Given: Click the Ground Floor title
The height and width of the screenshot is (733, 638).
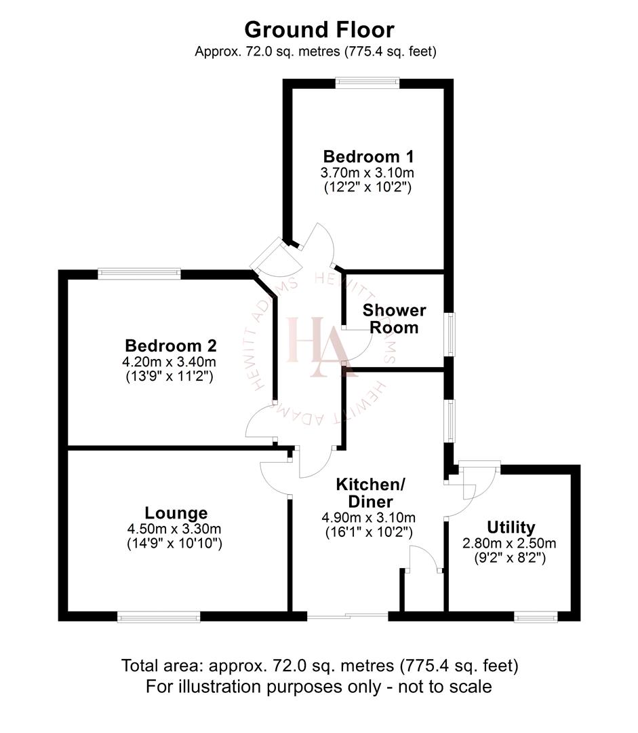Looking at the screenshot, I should [x=319, y=29].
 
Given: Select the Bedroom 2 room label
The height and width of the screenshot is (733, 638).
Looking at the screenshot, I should [x=171, y=345].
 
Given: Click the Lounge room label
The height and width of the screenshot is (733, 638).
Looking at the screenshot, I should [x=176, y=512].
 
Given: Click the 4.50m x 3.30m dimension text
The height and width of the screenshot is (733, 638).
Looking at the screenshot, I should [x=175, y=529].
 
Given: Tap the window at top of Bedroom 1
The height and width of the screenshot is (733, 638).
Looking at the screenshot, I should [x=367, y=83].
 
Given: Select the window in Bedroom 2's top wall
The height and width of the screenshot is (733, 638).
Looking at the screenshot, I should [x=140, y=274].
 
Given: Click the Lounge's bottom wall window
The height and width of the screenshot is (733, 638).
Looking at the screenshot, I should [x=159, y=617].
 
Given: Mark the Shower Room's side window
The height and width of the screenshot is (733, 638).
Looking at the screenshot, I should [x=450, y=333].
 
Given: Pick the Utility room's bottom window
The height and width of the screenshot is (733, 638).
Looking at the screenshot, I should [x=536, y=616].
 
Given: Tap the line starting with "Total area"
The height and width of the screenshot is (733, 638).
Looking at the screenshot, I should [x=319, y=665].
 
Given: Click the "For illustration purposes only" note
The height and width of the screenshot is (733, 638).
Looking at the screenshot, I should [x=319, y=686].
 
